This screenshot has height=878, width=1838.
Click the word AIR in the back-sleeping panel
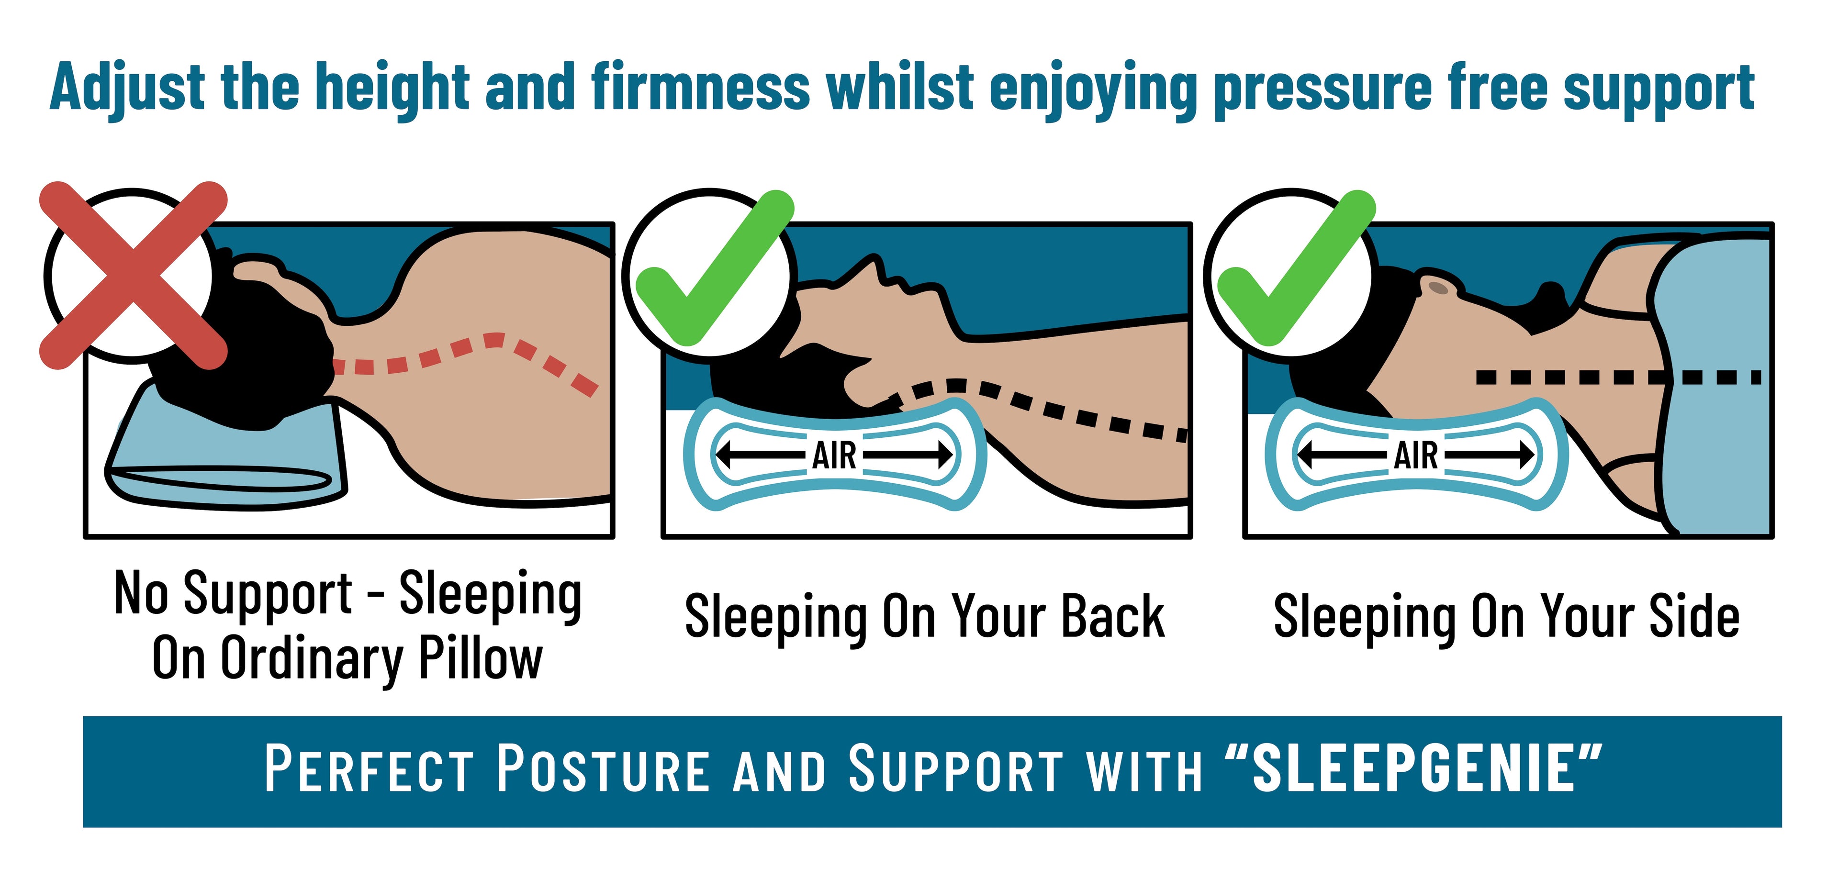(x=834, y=455)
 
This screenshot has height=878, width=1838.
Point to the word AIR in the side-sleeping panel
(x=1416, y=455)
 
